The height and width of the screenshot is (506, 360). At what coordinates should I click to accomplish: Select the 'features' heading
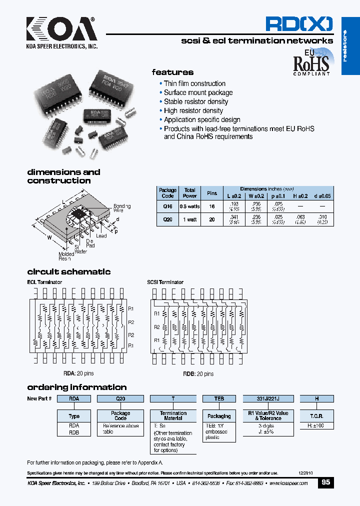[x=172, y=72]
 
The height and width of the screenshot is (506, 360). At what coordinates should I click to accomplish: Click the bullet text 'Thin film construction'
[x=194, y=83]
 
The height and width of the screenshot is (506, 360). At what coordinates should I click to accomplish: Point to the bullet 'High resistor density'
[x=193, y=110]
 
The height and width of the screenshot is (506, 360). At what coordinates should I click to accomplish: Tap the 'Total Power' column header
[x=189, y=193]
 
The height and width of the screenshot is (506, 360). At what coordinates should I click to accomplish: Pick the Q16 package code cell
[x=167, y=205]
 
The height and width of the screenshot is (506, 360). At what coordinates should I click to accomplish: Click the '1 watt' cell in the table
[x=189, y=219]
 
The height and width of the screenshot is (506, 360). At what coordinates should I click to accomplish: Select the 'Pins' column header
[x=212, y=193]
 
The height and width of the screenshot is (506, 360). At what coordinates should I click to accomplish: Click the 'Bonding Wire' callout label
[x=122, y=208]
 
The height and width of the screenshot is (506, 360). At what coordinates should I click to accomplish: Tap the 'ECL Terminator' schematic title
[x=44, y=282]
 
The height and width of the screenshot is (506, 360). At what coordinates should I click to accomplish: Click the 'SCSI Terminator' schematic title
[x=165, y=282]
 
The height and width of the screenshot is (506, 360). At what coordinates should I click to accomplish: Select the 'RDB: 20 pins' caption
[x=197, y=373]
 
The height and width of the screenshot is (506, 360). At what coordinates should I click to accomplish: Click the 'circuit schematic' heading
[x=69, y=272]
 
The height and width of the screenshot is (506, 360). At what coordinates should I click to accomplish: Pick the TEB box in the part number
[x=219, y=399]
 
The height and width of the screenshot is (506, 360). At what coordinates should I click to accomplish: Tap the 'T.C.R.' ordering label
[x=317, y=416]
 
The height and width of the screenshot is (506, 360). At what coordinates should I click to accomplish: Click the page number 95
[x=325, y=483]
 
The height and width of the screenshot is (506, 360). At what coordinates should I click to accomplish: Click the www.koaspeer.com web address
[x=289, y=483]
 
